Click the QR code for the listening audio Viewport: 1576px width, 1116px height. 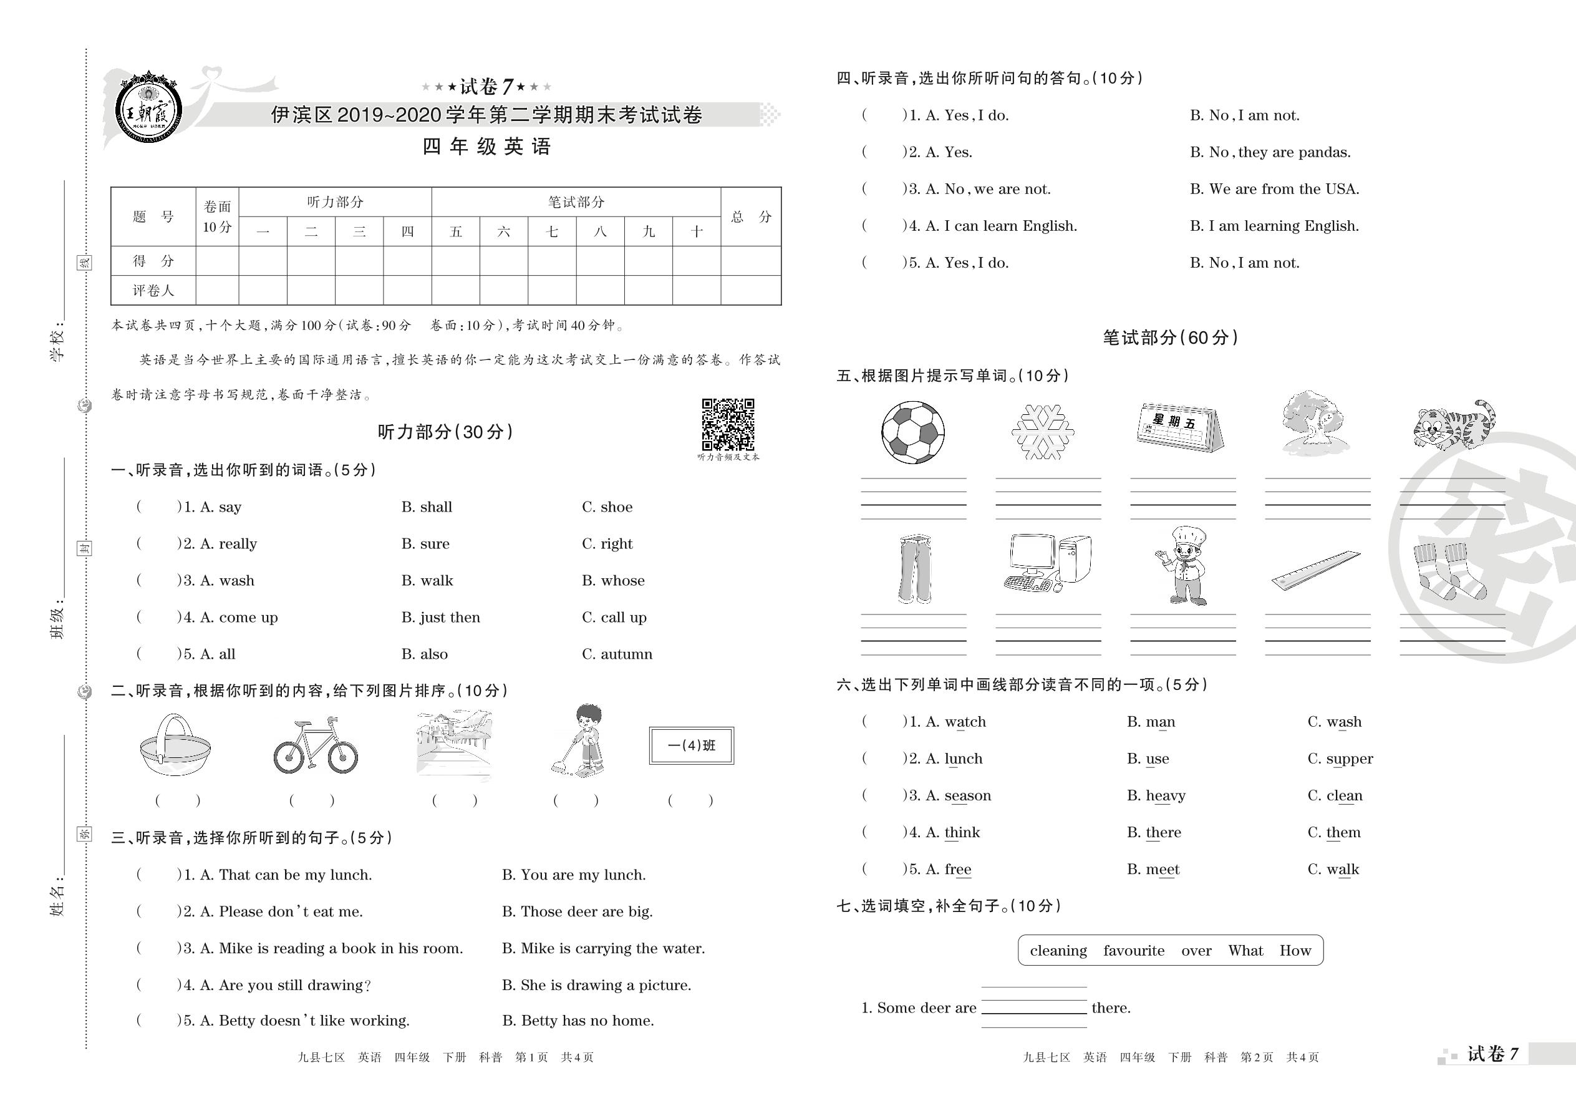[728, 424]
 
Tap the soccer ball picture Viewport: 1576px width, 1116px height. [912, 432]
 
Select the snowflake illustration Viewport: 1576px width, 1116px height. [1042, 432]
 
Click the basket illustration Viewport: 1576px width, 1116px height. [175, 745]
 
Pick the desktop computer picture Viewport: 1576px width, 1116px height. [1047, 563]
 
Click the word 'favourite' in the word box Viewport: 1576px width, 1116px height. [1134, 951]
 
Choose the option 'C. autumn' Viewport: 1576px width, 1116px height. [616, 654]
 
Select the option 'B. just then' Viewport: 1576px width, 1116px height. [440, 617]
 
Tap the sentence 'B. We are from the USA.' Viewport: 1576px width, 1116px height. [1274, 189]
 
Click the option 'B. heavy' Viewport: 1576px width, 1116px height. [1156, 796]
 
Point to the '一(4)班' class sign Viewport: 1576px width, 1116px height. [691, 745]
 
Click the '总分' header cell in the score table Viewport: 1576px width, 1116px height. [750, 217]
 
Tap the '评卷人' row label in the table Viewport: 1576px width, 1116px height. [153, 291]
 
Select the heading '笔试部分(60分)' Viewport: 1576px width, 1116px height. [1169, 337]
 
